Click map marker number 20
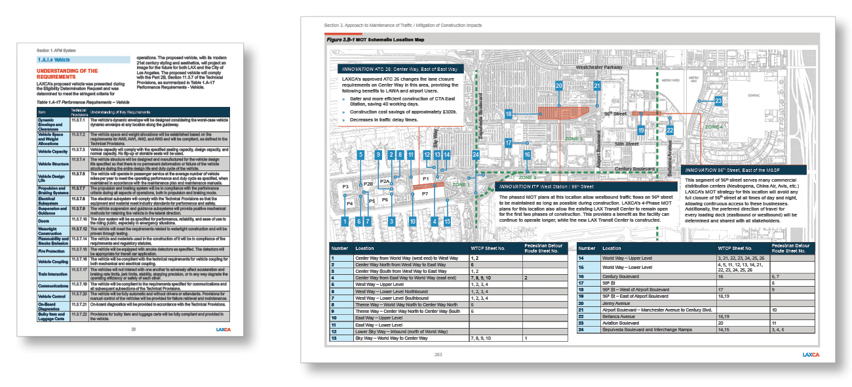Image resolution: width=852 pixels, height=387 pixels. [559, 86]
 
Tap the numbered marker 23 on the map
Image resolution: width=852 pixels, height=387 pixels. [718, 101]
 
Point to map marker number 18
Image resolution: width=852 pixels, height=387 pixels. [509, 114]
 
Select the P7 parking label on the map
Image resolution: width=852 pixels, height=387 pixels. [425, 194]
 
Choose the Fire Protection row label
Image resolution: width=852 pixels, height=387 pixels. [51, 251]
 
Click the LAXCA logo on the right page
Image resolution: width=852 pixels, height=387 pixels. [813, 355]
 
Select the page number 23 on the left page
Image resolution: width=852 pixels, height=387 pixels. [134, 329]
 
